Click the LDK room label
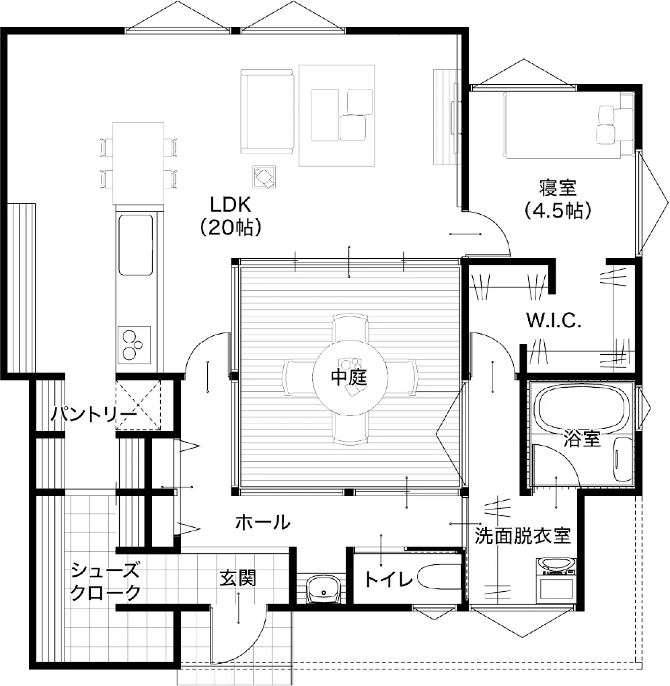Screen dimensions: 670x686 [x=230, y=205]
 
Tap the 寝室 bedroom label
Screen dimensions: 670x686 [x=557, y=188]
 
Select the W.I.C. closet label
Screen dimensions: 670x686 [x=554, y=321]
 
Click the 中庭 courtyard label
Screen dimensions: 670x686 [x=348, y=377]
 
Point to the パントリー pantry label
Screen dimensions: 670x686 [x=94, y=413]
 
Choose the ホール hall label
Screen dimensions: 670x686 [x=262, y=522]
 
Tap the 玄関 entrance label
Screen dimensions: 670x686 [x=237, y=578]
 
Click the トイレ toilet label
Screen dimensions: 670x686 [x=389, y=580]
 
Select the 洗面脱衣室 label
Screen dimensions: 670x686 [x=523, y=535]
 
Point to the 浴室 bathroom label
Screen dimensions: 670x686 [x=582, y=438]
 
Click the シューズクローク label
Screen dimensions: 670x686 [x=106, y=582]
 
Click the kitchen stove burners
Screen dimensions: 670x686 [x=133, y=345]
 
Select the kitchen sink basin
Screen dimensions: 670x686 [x=135, y=244]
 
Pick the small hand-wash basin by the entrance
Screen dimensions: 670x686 [x=324, y=589]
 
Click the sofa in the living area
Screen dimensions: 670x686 [x=266, y=111]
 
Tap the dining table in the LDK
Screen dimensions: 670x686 [x=139, y=163]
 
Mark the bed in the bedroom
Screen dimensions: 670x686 [x=568, y=125]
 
